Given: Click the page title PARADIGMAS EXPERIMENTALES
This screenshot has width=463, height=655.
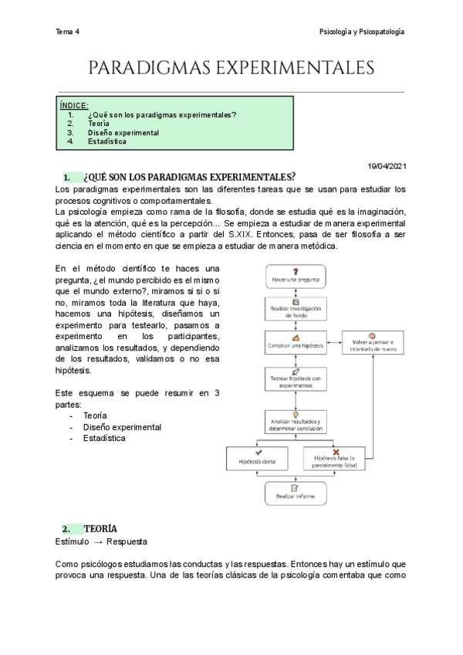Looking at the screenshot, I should point(231,69).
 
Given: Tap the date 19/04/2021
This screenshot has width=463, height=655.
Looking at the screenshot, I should point(388,166).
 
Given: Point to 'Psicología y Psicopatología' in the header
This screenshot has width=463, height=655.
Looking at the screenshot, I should point(362,32).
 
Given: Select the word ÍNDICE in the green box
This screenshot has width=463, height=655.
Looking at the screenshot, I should point(74,105).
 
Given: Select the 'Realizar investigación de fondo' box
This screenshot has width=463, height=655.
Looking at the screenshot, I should point(296,308).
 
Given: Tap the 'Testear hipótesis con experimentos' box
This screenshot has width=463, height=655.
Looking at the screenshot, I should point(296,379).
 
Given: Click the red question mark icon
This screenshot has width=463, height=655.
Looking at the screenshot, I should point(296,270).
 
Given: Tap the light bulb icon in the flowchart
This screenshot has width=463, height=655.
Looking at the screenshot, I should point(296,414).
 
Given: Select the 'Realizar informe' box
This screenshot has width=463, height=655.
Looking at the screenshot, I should point(296,492).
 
